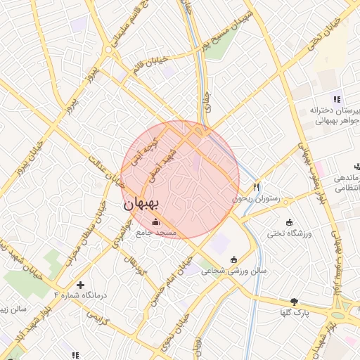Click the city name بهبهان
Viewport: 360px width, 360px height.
pyautogui.click(x=143, y=205)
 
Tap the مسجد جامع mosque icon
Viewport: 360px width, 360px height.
pyautogui.click(x=155, y=223)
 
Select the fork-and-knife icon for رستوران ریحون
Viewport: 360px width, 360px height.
pyautogui.click(x=257, y=187)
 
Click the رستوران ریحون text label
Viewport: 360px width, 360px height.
pyautogui.click(x=260, y=200)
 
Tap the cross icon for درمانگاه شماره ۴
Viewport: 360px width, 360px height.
pyautogui.click(x=81, y=285)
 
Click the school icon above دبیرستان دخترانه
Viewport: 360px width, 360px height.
pyautogui.click(x=336, y=98)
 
